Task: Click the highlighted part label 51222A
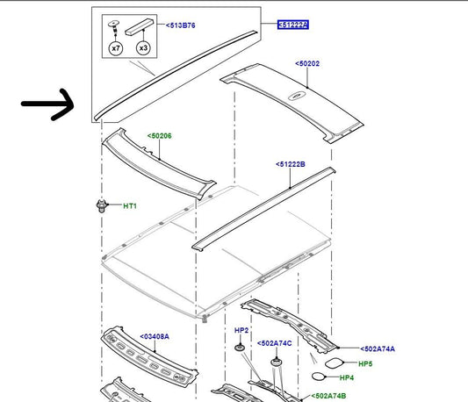(293, 25)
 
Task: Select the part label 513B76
(181, 25)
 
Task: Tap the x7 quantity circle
(116, 48)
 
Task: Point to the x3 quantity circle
(143, 47)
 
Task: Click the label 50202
(307, 63)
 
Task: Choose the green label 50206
(160, 136)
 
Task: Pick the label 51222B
(291, 164)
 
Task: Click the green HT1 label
(130, 206)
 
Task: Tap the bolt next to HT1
(102, 205)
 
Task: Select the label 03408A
(155, 337)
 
